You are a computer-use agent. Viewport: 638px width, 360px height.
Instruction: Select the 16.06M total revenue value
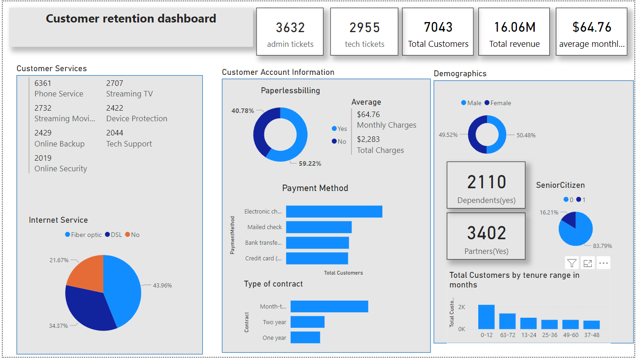click(514, 28)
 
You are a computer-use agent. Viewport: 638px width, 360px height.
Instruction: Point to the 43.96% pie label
click(162, 285)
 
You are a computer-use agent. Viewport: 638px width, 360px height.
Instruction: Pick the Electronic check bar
click(334, 211)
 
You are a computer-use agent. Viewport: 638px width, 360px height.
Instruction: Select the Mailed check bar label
click(264, 227)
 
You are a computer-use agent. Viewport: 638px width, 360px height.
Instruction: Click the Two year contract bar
click(307, 322)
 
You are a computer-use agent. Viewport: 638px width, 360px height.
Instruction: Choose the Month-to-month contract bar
click(329, 306)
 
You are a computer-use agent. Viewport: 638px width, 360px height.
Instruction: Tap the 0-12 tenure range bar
click(486, 316)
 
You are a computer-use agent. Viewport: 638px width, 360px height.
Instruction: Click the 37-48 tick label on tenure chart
click(591, 335)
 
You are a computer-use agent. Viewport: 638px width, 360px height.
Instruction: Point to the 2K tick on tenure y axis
click(461, 307)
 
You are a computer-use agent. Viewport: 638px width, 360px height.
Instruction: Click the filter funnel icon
click(571, 263)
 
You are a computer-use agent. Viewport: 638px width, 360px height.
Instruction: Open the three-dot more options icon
click(604, 263)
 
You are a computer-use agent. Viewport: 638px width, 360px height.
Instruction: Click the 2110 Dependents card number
click(486, 182)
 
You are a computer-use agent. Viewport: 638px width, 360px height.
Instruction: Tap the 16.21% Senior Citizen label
click(549, 213)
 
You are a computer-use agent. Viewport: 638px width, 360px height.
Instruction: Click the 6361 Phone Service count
click(43, 83)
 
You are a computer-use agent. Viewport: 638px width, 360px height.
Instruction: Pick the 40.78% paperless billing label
click(242, 111)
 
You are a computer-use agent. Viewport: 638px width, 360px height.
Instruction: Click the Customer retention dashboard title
click(131, 19)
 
